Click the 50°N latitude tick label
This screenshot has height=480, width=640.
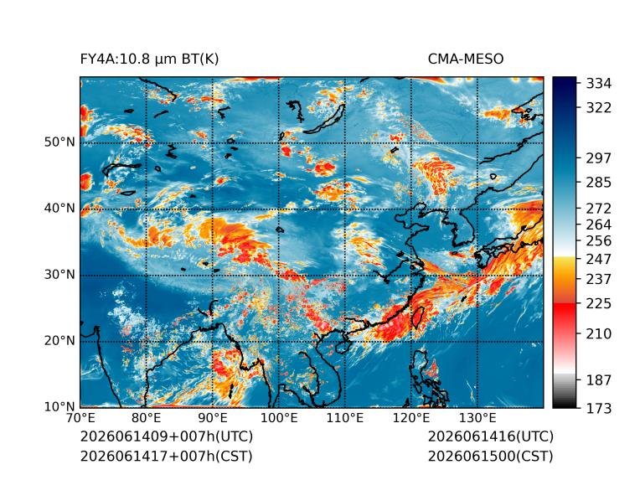(59, 142)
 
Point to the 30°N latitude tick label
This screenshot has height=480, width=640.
(59, 274)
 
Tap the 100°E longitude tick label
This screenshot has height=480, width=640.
(279, 418)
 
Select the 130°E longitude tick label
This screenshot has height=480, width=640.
(477, 418)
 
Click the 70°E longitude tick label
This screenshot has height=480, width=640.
(80, 418)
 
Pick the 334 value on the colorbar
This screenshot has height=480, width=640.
(599, 84)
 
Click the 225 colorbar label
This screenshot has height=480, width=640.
(599, 304)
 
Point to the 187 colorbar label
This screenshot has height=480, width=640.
(599, 380)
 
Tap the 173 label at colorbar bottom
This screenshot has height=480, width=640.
(599, 408)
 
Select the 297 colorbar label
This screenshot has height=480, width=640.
(599, 158)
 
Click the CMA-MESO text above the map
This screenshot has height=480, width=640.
(466, 59)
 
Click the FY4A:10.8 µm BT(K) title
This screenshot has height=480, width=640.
(149, 59)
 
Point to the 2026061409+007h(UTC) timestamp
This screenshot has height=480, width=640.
(167, 436)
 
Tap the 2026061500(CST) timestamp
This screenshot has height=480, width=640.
(491, 457)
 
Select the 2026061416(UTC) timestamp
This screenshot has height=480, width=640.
(491, 436)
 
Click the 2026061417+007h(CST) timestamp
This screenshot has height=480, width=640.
(167, 457)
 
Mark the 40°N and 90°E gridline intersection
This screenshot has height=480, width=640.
(213, 209)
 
